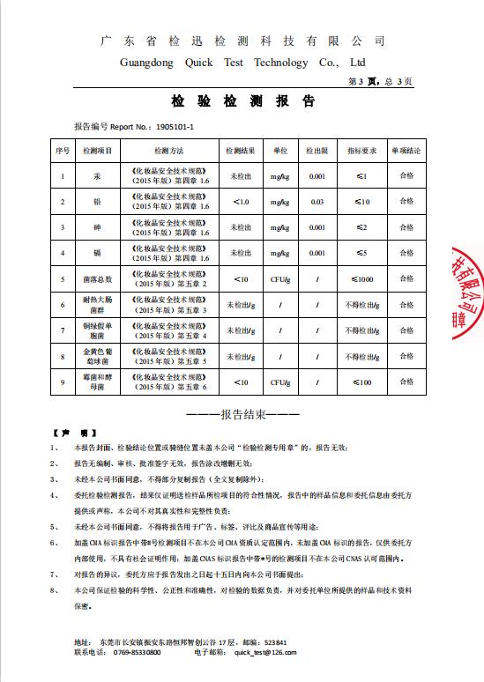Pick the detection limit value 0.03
pos(317,202)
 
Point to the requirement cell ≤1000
pos(362,279)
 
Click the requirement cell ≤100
pos(362,382)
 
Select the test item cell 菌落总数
pos(98,279)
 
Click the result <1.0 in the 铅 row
pos(241,202)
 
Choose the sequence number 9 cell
pos(63,382)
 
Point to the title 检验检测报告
pos(242,101)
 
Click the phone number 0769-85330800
pos(138,652)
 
